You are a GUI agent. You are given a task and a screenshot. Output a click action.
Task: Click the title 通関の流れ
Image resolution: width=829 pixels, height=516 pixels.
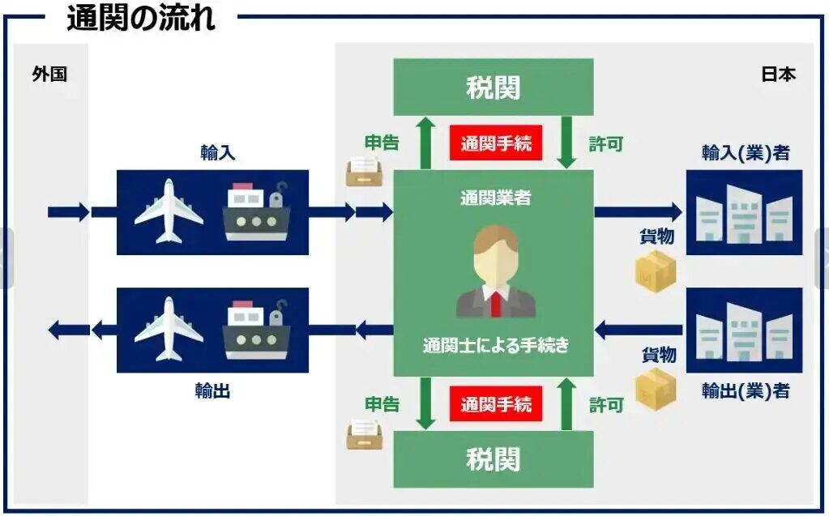(141, 17)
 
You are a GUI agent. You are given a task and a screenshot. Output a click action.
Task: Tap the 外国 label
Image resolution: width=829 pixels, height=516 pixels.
(49, 75)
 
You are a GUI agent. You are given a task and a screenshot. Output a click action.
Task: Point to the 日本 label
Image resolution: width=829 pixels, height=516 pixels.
(778, 75)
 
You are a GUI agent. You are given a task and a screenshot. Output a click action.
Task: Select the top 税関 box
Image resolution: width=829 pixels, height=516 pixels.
(493, 87)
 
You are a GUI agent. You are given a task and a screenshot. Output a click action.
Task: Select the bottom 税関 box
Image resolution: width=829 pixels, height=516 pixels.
(493, 459)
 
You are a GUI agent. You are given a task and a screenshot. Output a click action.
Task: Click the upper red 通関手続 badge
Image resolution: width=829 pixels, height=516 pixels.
(495, 144)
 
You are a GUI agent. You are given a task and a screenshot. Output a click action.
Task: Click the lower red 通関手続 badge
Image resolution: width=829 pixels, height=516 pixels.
(495, 403)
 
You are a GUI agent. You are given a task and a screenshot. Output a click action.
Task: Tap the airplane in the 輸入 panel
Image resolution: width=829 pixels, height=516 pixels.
(169, 211)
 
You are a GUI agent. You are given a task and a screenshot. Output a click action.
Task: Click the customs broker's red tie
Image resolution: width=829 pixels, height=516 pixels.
(495, 303)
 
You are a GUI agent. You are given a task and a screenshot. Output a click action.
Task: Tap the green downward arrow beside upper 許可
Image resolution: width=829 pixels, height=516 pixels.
(567, 144)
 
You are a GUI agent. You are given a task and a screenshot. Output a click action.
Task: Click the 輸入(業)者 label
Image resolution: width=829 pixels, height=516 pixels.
(745, 152)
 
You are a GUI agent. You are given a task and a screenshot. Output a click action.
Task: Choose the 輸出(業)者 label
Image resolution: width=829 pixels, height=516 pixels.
(745, 390)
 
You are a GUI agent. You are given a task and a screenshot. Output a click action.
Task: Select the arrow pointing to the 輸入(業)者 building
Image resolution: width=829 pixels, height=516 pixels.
(638, 212)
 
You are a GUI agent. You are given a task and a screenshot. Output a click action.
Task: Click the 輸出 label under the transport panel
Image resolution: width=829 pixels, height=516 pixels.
(212, 390)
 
